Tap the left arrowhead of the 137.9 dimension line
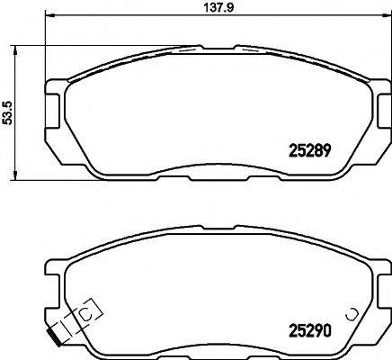[49, 17]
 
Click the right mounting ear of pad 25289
[377, 112]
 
